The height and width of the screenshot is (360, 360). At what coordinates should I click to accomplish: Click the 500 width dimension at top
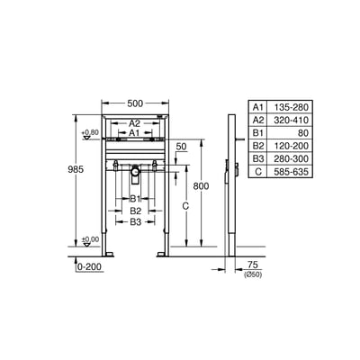[x=134, y=93]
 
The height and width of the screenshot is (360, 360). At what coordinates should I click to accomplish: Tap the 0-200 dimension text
[x=88, y=267]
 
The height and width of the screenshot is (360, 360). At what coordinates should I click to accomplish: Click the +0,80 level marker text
[x=90, y=133]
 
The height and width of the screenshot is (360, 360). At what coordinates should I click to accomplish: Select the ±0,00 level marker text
[x=90, y=238]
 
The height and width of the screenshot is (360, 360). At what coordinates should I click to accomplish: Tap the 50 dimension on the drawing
[x=181, y=146]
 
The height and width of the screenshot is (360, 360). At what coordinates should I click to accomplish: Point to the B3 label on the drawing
[x=135, y=221]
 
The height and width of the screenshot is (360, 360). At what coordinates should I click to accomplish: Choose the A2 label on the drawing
[x=134, y=122]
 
